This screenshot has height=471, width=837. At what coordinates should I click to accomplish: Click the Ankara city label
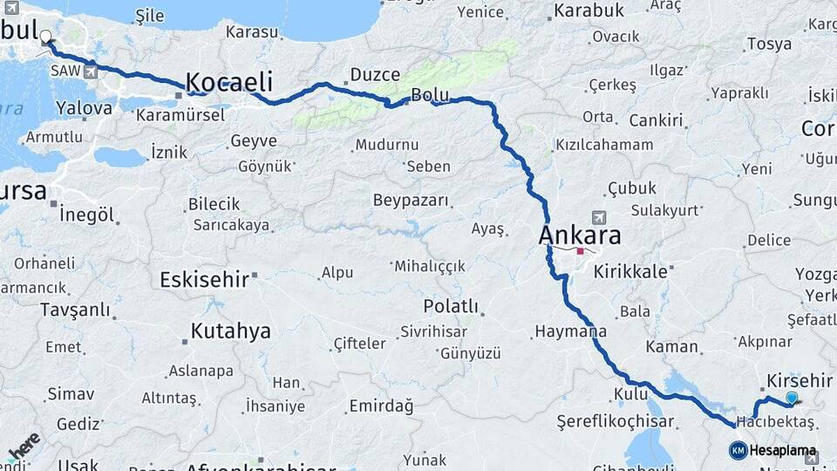(580, 235)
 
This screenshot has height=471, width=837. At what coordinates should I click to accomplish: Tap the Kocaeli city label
(229, 83)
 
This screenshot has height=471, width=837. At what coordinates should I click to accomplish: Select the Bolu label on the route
(429, 94)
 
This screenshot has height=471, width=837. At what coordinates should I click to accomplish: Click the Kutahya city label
(230, 331)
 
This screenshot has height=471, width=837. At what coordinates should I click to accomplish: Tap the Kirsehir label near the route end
(800, 381)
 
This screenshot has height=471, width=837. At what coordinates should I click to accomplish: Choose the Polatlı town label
(451, 306)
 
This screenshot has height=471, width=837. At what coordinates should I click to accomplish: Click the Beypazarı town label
(411, 201)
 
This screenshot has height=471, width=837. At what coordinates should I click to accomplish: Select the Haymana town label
(570, 331)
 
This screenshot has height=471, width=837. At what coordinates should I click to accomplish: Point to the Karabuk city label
(588, 10)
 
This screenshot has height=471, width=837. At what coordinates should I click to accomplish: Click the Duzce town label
(375, 75)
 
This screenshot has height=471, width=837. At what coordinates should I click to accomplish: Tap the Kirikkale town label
(630, 272)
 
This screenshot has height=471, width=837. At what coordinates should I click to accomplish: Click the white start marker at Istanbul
(45, 38)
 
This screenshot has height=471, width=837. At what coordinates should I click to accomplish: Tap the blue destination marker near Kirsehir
(792, 398)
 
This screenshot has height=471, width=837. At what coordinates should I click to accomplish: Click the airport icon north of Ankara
(598, 216)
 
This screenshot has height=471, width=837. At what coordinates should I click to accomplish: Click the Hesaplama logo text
(784, 451)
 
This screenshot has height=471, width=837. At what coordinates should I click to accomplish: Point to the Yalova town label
(84, 108)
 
